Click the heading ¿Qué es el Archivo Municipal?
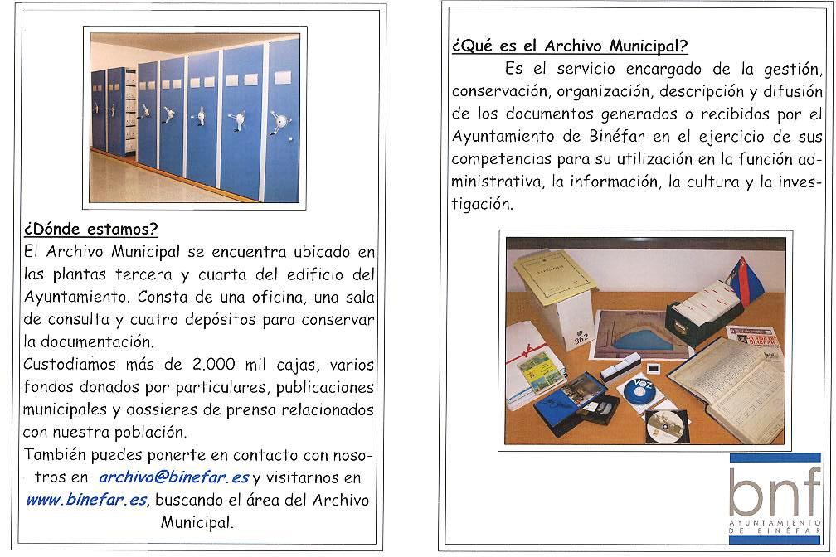(570, 46)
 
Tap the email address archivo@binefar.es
(173, 477)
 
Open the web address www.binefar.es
(86, 500)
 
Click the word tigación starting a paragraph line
(483, 202)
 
